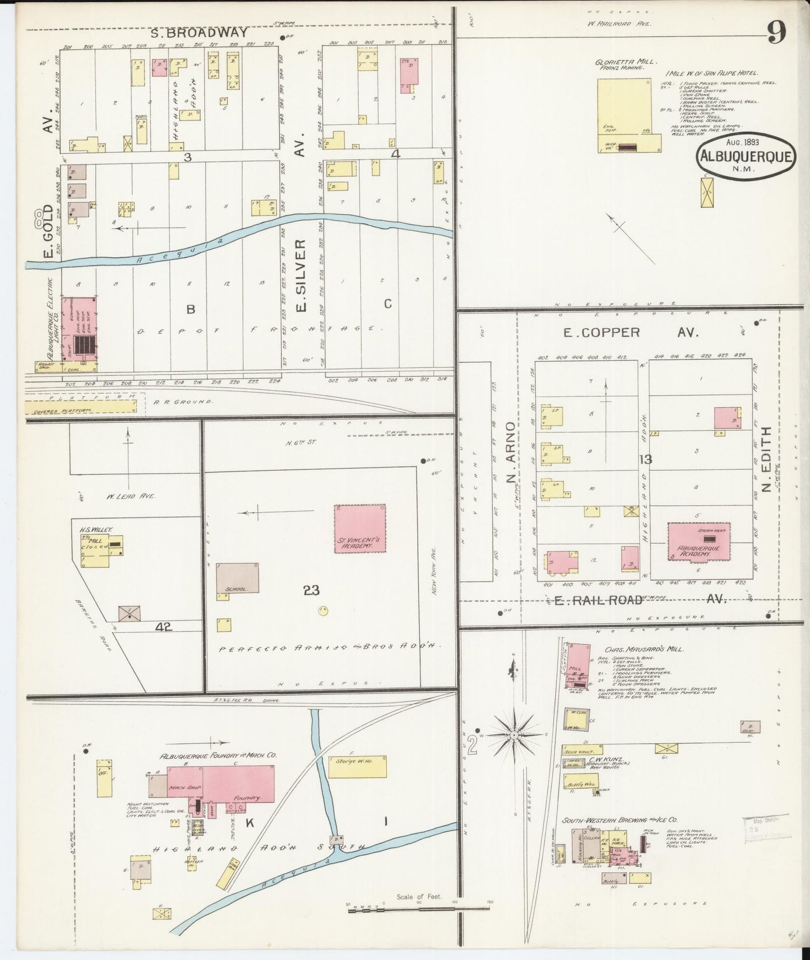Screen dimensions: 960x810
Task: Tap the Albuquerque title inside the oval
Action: tap(746, 156)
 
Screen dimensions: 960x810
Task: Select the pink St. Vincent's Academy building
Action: tap(360, 528)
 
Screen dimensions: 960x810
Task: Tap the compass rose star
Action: tap(514, 734)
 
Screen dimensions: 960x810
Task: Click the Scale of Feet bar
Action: tap(419, 911)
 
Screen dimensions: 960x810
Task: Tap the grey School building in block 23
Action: tap(238, 577)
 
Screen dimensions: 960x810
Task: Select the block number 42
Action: tap(164, 627)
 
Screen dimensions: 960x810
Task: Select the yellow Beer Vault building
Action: tap(583, 749)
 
